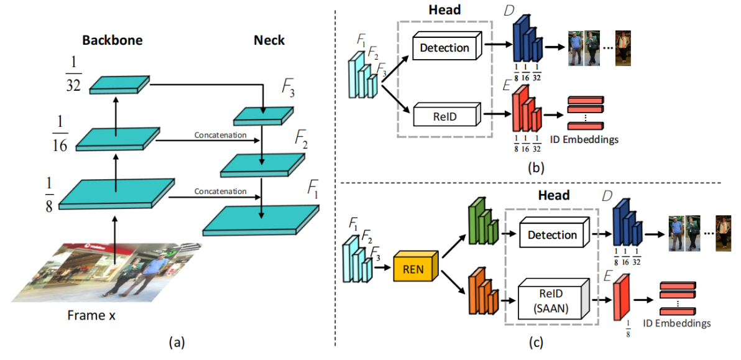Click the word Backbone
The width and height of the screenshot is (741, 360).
click(x=113, y=40)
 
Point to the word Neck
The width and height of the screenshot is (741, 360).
click(x=269, y=40)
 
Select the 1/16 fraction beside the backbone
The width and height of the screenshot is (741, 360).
click(x=61, y=134)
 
